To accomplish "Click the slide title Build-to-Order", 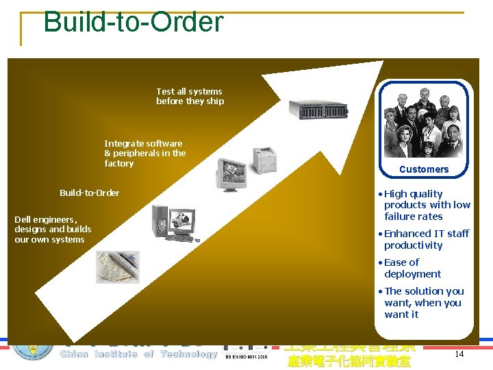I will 133,22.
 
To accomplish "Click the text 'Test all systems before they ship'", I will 190,96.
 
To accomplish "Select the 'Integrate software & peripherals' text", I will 144,153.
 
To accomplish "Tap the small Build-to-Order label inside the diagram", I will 89,193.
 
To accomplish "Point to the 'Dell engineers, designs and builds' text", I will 53,230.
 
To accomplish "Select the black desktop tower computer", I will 160,221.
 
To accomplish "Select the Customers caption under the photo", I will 424,169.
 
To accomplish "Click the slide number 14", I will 459,354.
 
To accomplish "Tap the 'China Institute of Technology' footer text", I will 138,354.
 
